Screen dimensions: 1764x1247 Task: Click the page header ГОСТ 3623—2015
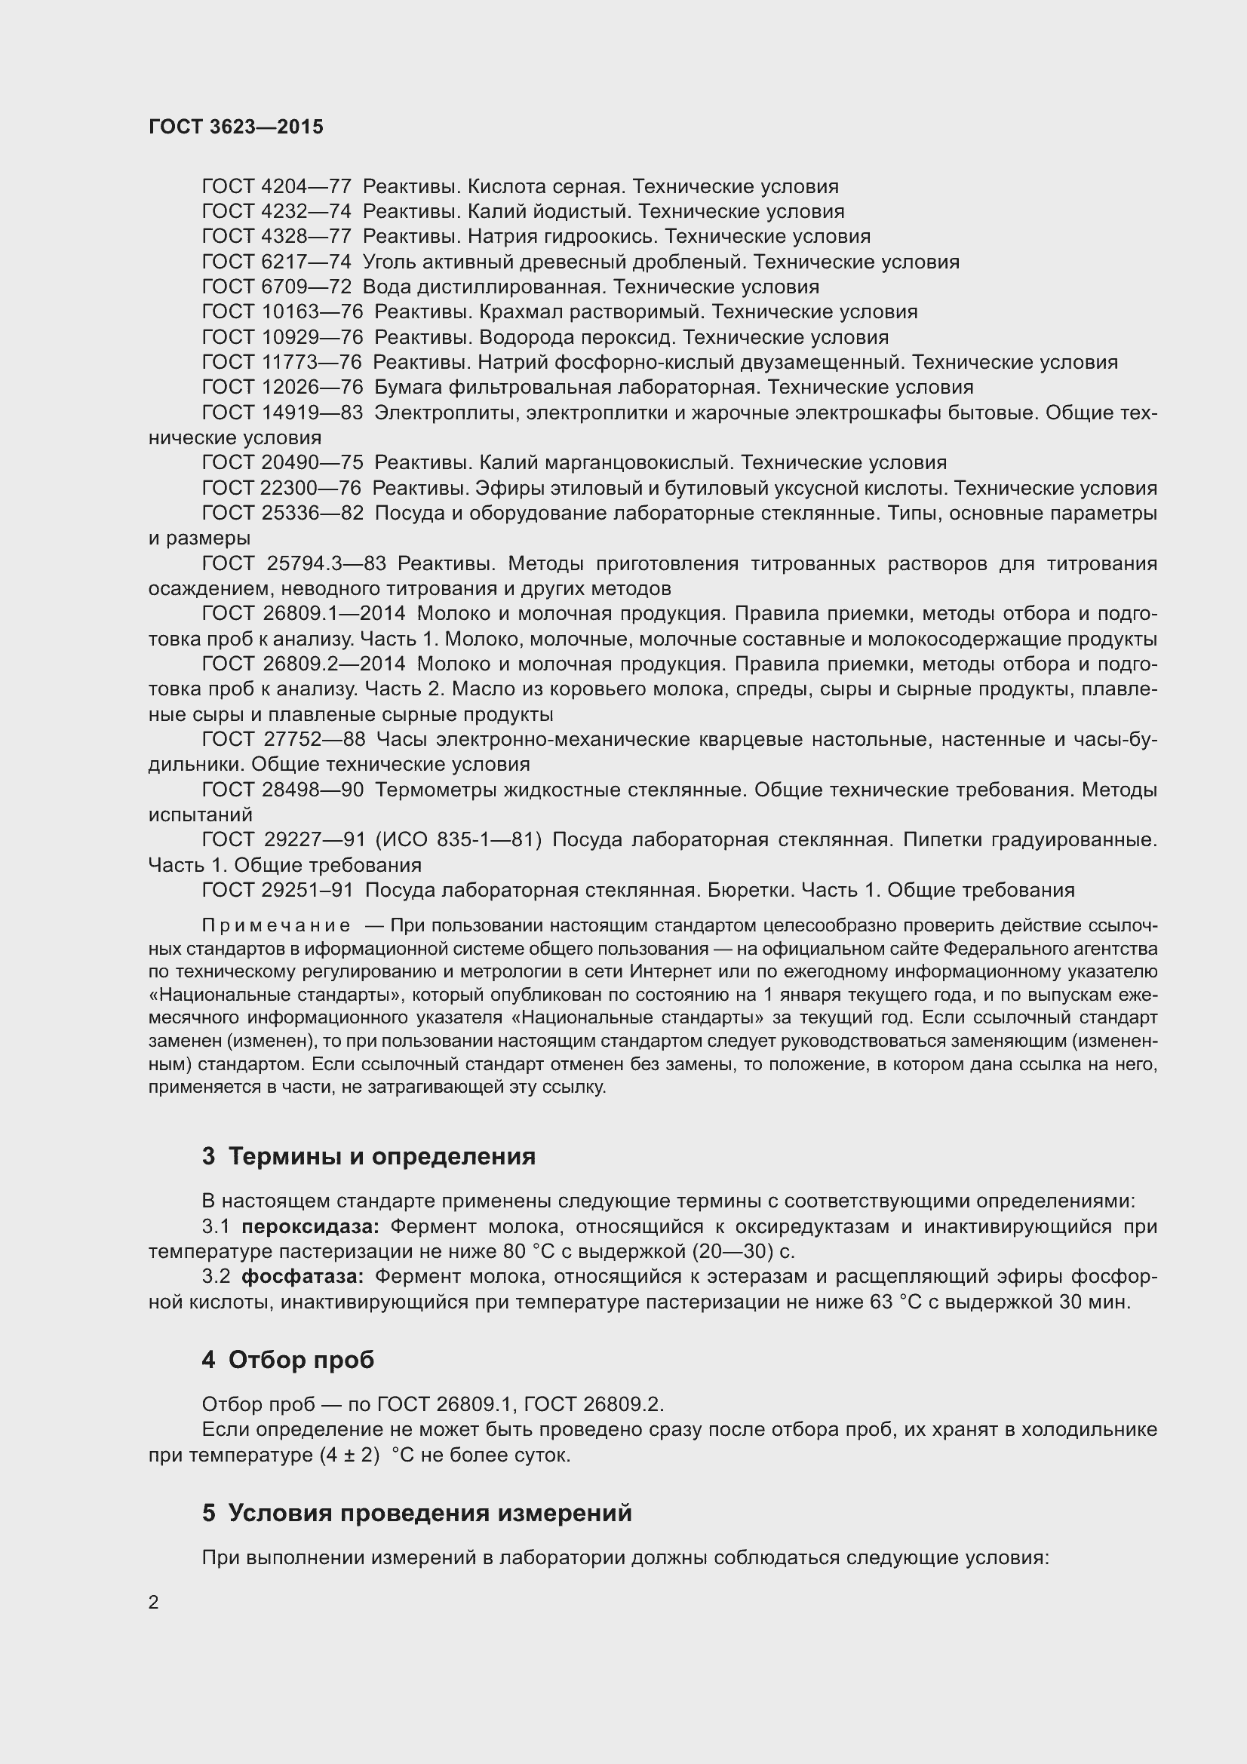click(x=236, y=127)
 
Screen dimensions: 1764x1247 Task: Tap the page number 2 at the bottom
click(x=154, y=1602)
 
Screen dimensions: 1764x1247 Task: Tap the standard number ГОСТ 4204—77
click(x=277, y=187)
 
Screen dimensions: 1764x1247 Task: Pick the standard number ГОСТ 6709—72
click(x=277, y=287)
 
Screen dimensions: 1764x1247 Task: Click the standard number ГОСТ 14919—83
click(x=282, y=413)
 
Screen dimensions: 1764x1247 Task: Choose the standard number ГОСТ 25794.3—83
click(x=293, y=564)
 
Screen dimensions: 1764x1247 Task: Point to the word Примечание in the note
click(x=277, y=926)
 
